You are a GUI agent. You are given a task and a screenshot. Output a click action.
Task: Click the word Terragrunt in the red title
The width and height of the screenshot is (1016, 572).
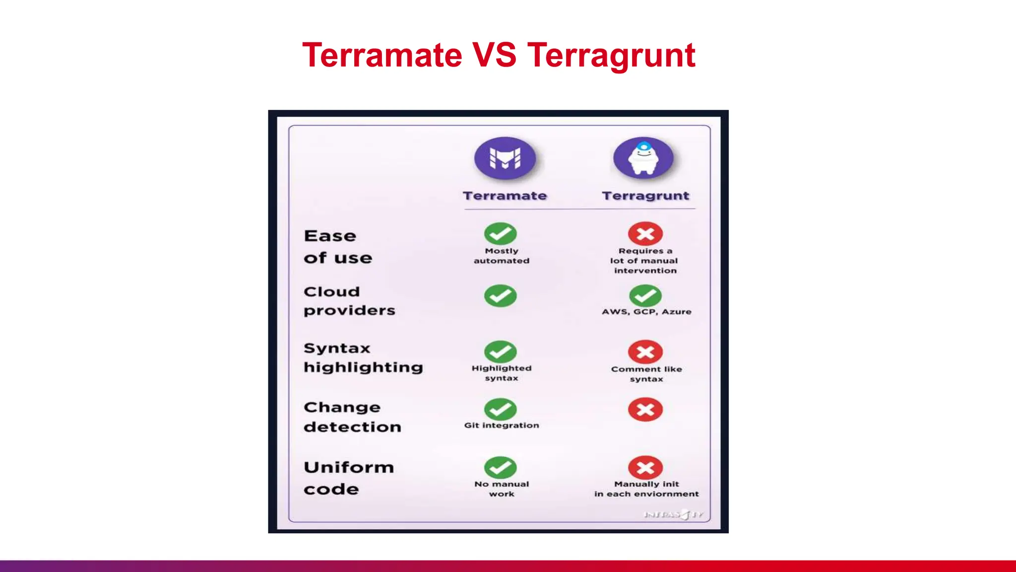[611, 56]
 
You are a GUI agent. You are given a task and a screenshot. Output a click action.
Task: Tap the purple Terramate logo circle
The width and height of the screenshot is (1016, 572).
[505, 158]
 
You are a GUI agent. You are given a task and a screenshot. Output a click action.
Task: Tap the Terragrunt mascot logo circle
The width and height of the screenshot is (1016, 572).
[643, 157]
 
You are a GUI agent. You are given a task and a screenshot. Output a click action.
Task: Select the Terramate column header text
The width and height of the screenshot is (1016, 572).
[505, 196]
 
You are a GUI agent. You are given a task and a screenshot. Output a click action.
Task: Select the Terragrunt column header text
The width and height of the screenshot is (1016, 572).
[645, 196]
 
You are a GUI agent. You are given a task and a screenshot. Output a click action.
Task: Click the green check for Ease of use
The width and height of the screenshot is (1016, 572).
[500, 233]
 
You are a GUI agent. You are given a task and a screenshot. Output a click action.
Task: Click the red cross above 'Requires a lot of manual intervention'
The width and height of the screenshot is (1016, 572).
[645, 233]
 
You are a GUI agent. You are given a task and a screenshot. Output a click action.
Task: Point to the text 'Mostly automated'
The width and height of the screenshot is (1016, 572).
[501, 256]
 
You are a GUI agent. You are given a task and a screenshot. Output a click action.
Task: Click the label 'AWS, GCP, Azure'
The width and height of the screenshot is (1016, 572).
[646, 312]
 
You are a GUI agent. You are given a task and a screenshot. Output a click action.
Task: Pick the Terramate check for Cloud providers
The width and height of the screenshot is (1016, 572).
[500, 295]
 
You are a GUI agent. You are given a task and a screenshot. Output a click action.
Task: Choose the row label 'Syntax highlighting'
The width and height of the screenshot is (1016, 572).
[363, 357]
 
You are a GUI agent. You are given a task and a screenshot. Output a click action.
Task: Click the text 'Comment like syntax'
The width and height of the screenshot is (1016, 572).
[646, 374]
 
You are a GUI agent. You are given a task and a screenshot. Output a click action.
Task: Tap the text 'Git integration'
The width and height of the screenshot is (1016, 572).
[501, 426]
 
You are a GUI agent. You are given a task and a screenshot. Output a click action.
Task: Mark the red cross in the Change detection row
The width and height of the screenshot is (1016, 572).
[645, 410]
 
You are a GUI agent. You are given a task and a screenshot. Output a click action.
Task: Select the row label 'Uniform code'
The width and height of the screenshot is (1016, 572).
[348, 478]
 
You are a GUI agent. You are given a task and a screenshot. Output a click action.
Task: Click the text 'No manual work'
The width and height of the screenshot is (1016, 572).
[501, 489]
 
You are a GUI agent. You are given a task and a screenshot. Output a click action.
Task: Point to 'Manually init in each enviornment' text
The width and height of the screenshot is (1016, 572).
[646, 489]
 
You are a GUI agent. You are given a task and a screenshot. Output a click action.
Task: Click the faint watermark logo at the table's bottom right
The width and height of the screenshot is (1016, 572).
[673, 514]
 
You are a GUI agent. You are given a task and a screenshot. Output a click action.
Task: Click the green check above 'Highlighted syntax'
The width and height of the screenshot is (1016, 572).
[500, 352]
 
